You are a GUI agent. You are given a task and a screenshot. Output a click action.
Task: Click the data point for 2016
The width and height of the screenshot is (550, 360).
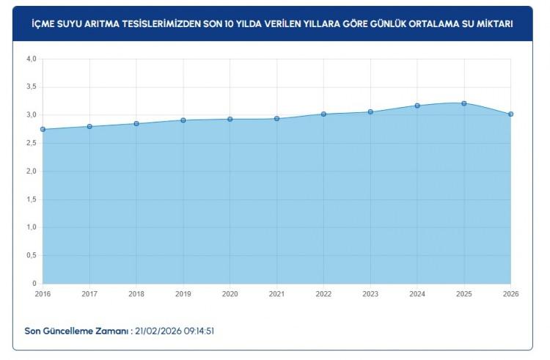pos(43,129)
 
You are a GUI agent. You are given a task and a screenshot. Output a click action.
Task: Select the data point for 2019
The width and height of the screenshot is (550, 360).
pos(183,120)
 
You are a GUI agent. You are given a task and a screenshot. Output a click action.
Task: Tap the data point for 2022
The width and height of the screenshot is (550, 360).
pos(323,114)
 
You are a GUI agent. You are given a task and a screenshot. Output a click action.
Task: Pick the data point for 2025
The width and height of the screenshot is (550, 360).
pos(464,103)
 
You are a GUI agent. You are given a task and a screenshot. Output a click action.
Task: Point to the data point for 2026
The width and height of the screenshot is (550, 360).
pos(510,114)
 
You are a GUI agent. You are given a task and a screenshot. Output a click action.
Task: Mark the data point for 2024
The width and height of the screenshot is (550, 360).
pos(417,106)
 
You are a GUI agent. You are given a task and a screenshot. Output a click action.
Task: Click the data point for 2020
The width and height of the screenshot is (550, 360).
pos(230,119)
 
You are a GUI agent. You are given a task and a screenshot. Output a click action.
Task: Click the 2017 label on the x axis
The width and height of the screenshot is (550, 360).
pos(89,293)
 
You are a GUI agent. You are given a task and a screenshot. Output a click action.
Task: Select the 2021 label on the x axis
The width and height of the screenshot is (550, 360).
pos(276,293)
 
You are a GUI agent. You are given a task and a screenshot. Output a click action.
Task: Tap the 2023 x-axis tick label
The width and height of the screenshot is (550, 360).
pos(370,293)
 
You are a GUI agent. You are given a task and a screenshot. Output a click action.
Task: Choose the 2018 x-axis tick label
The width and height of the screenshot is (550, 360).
pos(136,293)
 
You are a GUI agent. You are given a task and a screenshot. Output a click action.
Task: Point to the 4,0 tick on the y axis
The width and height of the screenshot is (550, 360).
pos(31,59)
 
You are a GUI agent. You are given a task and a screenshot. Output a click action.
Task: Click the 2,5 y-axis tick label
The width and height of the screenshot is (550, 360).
pos(31,144)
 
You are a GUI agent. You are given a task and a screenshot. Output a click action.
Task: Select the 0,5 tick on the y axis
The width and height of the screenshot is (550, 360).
pos(31,256)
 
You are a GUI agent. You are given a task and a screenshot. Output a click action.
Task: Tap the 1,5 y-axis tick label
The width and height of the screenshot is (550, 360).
pos(31,199)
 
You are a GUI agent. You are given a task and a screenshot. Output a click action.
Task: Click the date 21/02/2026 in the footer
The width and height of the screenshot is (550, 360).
pos(159,331)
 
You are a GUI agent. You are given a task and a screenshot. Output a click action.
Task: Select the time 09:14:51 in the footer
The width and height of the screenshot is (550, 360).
pos(200,331)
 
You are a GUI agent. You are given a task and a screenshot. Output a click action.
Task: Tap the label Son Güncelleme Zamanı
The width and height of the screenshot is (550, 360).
pos(76,331)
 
